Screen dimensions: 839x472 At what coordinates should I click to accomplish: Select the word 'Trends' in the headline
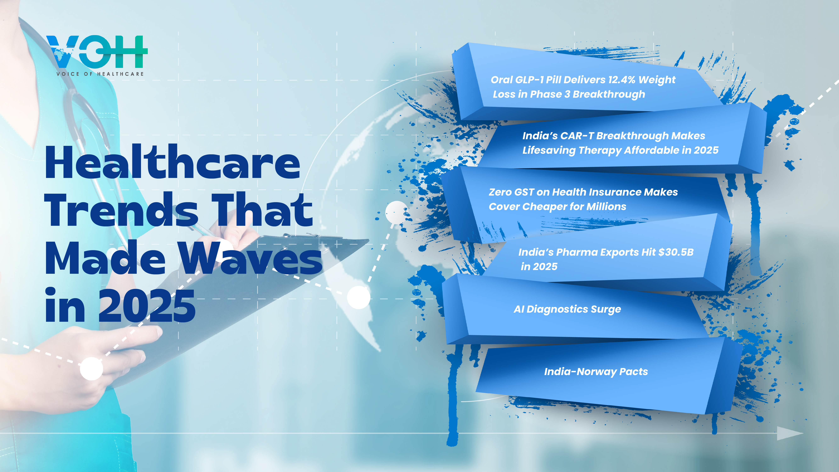pyautogui.click(x=121, y=209)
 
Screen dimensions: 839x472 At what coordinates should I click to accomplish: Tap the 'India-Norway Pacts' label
pyautogui.click(x=596, y=372)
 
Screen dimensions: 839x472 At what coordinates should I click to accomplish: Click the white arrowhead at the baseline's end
pyautogui.click(x=790, y=433)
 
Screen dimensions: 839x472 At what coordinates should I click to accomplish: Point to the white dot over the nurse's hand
pyautogui.click(x=92, y=368)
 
